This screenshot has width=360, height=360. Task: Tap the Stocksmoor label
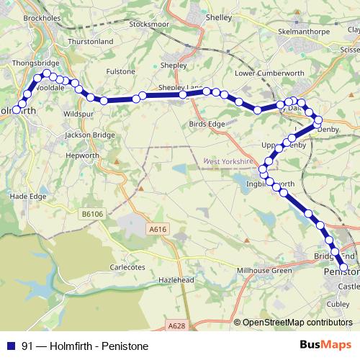148,24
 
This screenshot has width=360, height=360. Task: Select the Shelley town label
217,17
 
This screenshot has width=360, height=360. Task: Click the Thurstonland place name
90,42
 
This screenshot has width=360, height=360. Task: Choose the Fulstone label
120,71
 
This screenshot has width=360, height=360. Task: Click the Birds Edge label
207,124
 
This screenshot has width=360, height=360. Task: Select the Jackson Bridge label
89,135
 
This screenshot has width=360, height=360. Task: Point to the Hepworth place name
81,155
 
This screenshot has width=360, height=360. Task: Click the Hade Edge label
29,197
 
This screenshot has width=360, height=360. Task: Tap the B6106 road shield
92,214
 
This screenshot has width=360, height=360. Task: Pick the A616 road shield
158,229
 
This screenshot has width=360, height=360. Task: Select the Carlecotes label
127,267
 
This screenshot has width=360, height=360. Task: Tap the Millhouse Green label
265,271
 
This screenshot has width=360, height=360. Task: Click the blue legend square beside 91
11,346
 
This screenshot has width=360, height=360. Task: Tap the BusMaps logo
325,345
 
